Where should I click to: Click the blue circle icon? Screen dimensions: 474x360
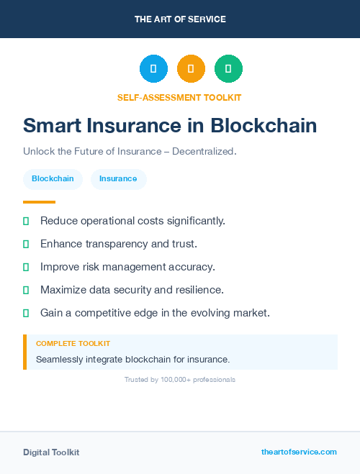(x=153, y=68)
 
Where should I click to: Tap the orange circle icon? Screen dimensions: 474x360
(x=191, y=68)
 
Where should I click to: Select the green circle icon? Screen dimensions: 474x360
(x=228, y=68)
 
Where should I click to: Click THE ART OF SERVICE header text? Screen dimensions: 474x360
(x=180, y=19)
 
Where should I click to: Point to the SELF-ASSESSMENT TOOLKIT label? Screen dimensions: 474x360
(x=179, y=97)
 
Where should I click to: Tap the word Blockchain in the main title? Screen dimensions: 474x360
(x=264, y=126)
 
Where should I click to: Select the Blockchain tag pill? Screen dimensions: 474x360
(x=53, y=179)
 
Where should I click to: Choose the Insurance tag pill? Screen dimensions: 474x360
(x=118, y=179)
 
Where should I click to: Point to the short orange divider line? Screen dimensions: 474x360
(x=39, y=202)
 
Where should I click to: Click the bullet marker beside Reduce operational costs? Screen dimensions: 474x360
(x=26, y=221)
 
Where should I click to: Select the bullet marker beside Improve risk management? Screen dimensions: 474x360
(x=26, y=267)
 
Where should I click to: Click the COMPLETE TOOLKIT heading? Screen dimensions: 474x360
(x=73, y=344)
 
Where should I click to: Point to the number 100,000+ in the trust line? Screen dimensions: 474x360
(x=178, y=379)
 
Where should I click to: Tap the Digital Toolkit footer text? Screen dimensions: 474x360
(x=51, y=452)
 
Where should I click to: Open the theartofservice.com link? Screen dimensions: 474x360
(x=299, y=452)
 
